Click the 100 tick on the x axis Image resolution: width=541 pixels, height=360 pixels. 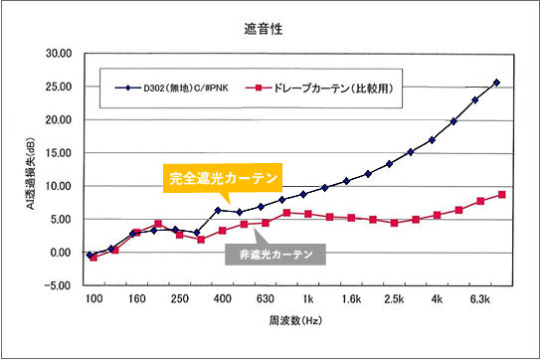click(x=92, y=298)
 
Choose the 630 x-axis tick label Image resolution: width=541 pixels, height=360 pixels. click(x=265, y=298)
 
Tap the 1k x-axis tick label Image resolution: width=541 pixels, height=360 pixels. click(x=308, y=298)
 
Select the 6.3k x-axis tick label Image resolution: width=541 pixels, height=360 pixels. click(x=479, y=298)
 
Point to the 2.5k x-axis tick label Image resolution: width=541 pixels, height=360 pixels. click(x=394, y=298)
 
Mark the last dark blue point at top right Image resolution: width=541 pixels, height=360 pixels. click(x=497, y=83)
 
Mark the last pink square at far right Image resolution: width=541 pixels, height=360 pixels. click(x=502, y=195)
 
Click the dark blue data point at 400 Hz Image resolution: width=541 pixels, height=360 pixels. click(x=218, y=210)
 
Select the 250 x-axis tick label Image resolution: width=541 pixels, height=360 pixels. click(x=179, y=298)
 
